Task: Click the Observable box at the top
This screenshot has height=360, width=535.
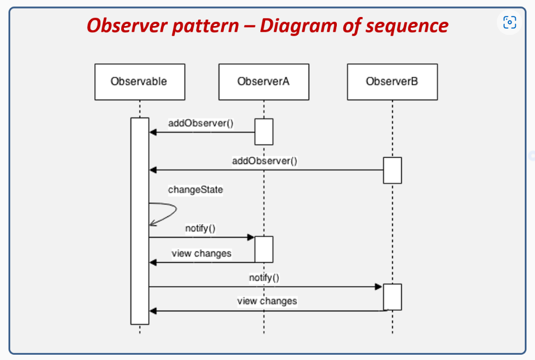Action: click(139, 82)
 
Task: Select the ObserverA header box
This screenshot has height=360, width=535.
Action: click(264, 82)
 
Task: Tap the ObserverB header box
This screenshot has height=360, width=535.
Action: click(392, 82)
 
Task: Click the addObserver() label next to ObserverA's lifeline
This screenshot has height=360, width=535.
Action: click(201, 124)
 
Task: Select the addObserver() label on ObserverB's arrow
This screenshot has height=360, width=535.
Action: click(265, 160)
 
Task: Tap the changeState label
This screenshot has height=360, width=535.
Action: click(196, 190)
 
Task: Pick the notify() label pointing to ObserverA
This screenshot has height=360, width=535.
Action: click(200, 228)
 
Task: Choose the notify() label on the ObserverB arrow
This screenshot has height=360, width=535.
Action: click(264, 277)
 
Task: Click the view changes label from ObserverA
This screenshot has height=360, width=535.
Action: click(201, 253)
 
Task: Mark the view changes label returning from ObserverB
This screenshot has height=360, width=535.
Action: click(267, 301)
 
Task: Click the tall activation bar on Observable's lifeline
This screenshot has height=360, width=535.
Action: click(140, 220)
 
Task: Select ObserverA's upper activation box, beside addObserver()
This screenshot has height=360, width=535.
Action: click(264, 132)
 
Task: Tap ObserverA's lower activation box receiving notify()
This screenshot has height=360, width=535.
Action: click(264, 249)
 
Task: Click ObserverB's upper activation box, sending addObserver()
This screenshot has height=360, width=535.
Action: click(392, 170)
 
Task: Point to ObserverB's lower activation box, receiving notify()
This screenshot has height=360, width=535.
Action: click(392, 297)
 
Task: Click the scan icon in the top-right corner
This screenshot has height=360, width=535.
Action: click(509, 22)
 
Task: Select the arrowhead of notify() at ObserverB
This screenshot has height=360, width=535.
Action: click(379, 287)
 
